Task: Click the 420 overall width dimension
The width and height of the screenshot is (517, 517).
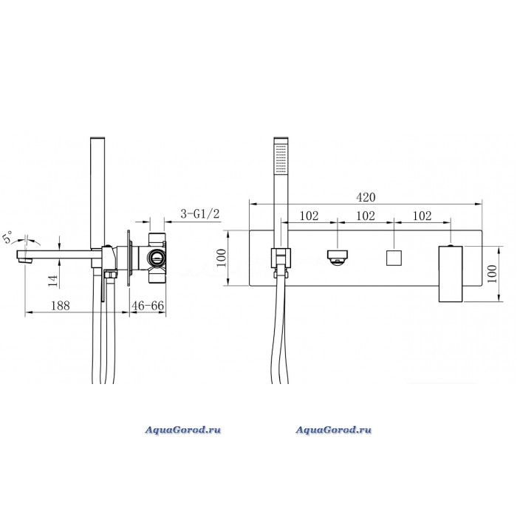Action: [x=366, y=197]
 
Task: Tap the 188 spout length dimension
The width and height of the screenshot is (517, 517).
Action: [x=61, y=306]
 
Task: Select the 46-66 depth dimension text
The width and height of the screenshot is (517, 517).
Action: [x=148, y=306]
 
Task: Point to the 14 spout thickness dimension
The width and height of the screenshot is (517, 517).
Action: [x=53, y=281]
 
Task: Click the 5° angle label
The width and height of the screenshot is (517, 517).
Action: [x=8, y=237]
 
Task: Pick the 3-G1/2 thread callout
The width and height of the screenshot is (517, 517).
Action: [x=200, y=214]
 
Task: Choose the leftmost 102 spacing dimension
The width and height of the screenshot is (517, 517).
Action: [x=309, y=216]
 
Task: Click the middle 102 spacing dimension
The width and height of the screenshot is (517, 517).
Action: [x=366, y=216]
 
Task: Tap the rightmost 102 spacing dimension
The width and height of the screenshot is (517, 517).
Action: [x=422, y=216]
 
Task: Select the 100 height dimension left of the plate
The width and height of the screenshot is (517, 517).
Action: [x=222, y=258]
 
